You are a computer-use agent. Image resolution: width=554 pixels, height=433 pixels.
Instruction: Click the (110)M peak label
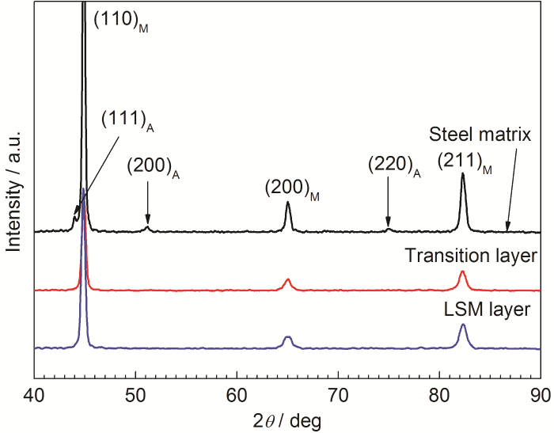tap(121, 21)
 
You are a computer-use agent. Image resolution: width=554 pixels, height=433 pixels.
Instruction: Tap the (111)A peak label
tap(127, 120)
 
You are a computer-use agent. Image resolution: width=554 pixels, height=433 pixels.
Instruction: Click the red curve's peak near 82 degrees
tap(462, 272)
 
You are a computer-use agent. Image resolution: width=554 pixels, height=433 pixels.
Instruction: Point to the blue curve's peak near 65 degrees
tap(288, 337)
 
